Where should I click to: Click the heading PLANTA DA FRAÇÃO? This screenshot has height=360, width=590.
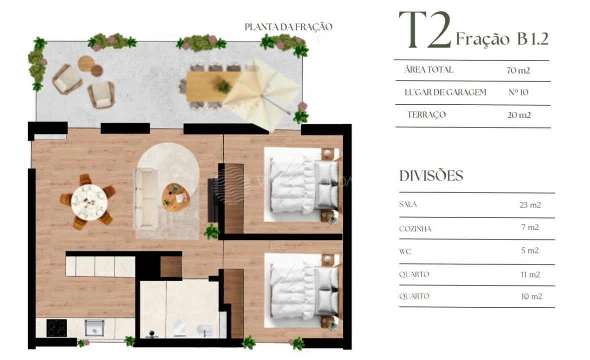click(x=288, y=27)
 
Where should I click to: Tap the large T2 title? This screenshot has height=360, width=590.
click(x=425, y=31)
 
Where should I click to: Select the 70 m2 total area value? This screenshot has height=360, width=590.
click(x=518, y=70)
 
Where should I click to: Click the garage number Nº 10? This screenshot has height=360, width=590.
click(x=517, y=92)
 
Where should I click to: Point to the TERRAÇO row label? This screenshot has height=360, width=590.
click(x=426, y=115)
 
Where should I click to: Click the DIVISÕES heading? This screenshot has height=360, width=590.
click(x=431, y=176)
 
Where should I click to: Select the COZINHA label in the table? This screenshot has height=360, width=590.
click(x=415, y=228)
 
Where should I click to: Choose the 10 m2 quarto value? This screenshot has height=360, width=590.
click(x=531, y=296)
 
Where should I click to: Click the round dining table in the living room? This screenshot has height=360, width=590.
click(x=88, y=201)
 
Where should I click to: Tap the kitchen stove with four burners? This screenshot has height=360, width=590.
click(x=57, y=328)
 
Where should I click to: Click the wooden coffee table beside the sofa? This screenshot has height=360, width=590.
click(x=175, y=196)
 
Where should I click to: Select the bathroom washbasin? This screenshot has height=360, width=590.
click(x=205, y=330)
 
